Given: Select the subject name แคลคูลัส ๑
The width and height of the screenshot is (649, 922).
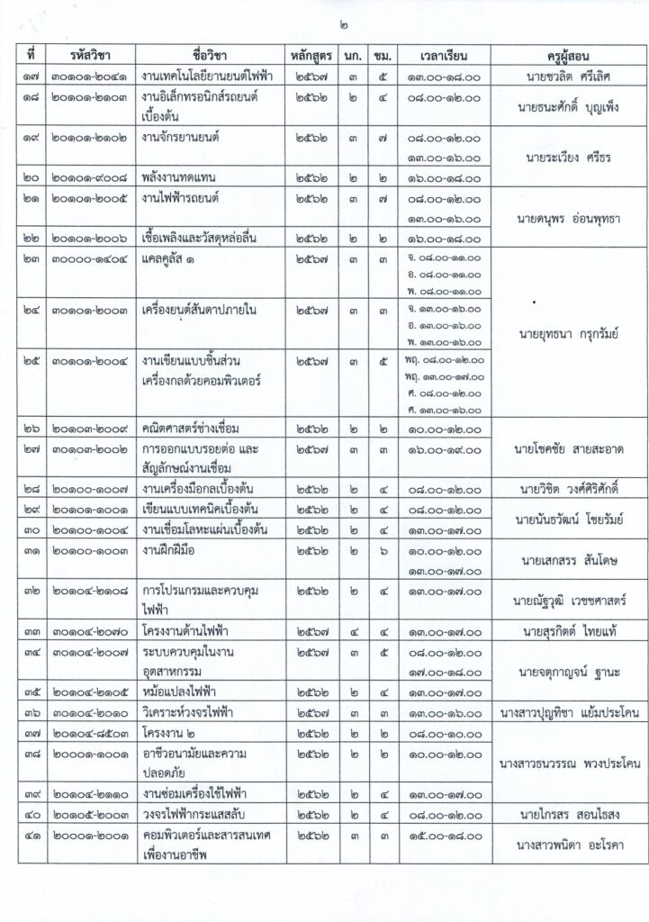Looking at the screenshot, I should [174, 258].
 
